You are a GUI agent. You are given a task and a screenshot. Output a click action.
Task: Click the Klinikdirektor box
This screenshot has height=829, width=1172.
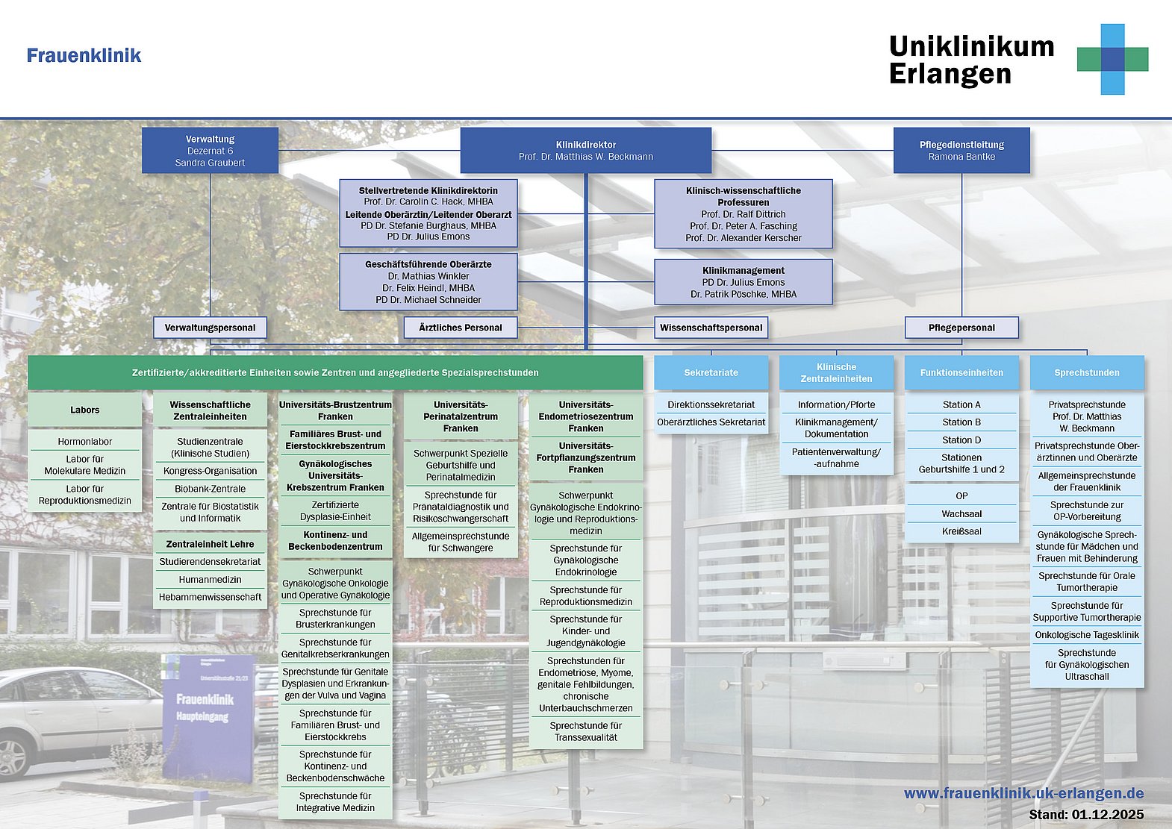coord(585,151)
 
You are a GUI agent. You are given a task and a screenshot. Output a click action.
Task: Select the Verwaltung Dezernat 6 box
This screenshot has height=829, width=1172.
coord(210,151)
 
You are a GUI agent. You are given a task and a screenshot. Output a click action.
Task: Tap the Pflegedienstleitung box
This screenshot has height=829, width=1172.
coord(961,151)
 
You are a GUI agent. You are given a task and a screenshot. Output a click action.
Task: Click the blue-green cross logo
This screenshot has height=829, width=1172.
coord(1112,59)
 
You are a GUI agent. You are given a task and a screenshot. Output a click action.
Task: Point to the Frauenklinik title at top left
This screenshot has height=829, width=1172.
coord(84,56)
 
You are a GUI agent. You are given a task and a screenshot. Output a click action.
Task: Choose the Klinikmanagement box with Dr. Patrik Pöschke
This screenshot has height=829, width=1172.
coord(743,282)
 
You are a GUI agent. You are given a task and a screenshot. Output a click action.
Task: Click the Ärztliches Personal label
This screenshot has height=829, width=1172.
coord(460,328)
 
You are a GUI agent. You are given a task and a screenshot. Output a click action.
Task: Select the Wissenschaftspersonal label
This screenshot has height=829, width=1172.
coord(711,328)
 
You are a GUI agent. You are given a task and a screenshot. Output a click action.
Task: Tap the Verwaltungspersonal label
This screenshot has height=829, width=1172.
coord(210,328)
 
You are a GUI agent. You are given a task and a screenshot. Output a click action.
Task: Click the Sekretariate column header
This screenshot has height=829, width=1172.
coord(711,372)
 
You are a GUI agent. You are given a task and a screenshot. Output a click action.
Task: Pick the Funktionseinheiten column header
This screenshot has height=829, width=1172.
coord(961,372)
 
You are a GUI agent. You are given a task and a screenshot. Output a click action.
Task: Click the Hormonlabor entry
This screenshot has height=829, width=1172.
coord(85,442)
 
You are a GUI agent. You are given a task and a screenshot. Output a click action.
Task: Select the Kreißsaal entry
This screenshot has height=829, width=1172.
coord(961,532)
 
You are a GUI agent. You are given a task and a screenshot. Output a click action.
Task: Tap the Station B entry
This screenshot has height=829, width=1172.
coord(961,422)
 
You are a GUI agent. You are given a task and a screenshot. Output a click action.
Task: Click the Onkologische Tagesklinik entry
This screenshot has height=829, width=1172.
coord(1087,636)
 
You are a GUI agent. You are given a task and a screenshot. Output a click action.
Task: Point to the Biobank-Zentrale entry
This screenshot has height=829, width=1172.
coord(210,489)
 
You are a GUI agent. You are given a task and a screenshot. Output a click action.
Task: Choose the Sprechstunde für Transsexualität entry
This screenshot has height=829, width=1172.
coord(585,731)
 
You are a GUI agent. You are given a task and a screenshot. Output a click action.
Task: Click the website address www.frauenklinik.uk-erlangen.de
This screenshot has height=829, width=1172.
coord(1023,794)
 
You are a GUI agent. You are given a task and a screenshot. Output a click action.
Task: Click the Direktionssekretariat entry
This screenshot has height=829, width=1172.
coord(711,405)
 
